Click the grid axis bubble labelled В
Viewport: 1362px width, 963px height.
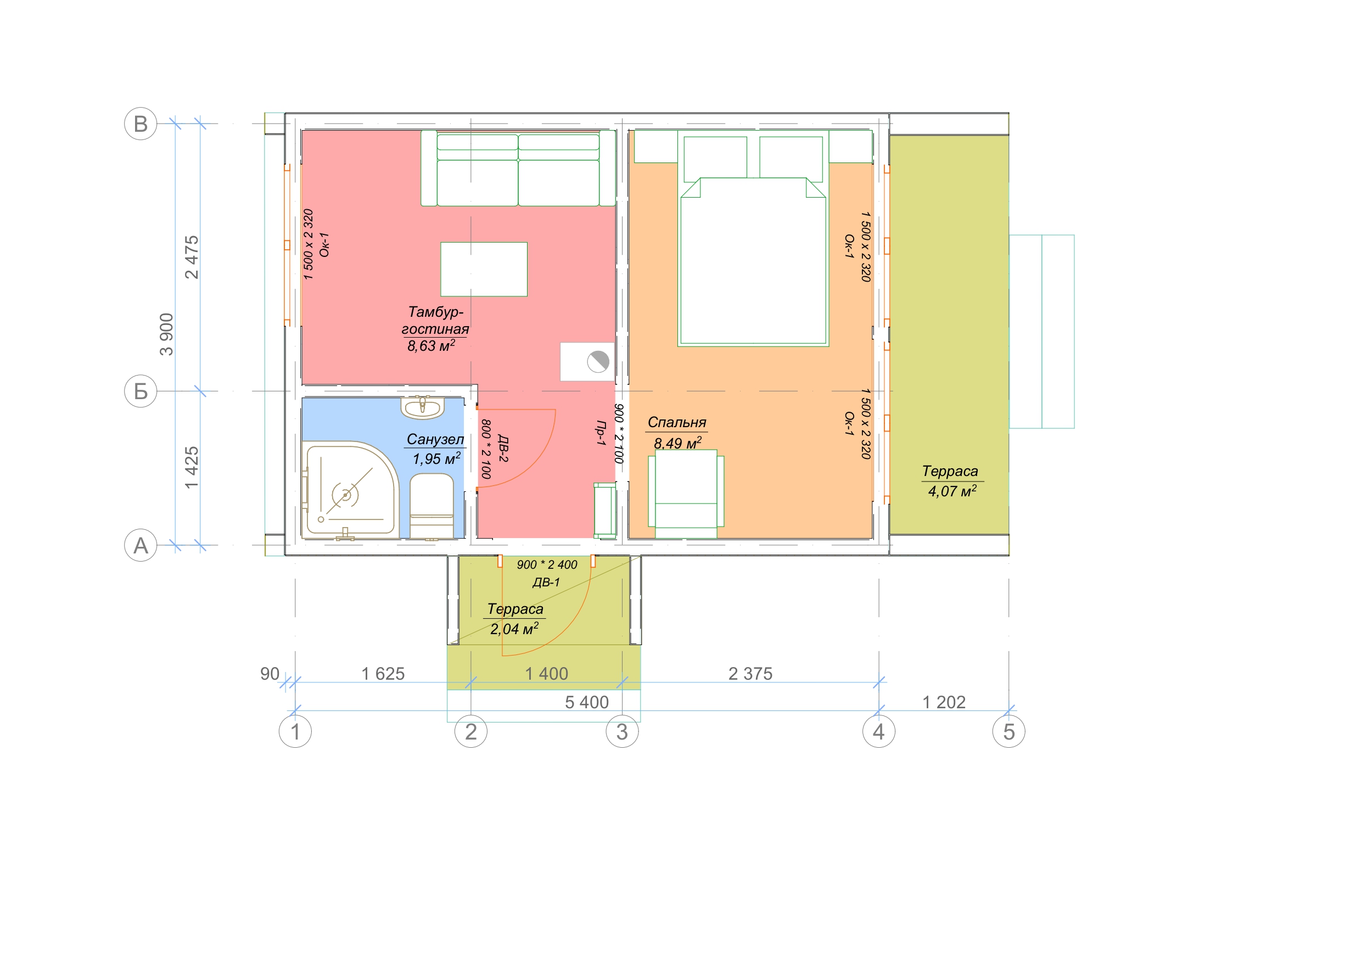(141, 124)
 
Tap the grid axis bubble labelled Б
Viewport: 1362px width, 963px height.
(141, 391)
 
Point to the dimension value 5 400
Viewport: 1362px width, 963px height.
(587, 702)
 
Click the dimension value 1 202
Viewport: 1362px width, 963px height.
(944, 702)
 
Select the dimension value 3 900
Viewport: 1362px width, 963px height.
(167, 334)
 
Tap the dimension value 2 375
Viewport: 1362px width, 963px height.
(750, 674)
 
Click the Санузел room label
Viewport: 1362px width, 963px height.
(435, 439)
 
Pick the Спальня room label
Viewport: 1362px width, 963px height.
(677, 422)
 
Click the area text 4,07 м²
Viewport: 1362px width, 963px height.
(952, 491)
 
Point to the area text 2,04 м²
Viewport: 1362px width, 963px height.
(514, 628)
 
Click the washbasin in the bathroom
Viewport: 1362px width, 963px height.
(422, 407)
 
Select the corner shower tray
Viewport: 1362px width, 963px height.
(350, 490)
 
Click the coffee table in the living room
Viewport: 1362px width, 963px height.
(484, 269)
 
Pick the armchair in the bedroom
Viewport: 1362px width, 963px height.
(686, 494)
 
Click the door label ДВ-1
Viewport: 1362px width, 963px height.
(546, 582)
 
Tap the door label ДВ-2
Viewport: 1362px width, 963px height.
(502, 449)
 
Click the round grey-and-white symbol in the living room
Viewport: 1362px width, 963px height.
(598, 361)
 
